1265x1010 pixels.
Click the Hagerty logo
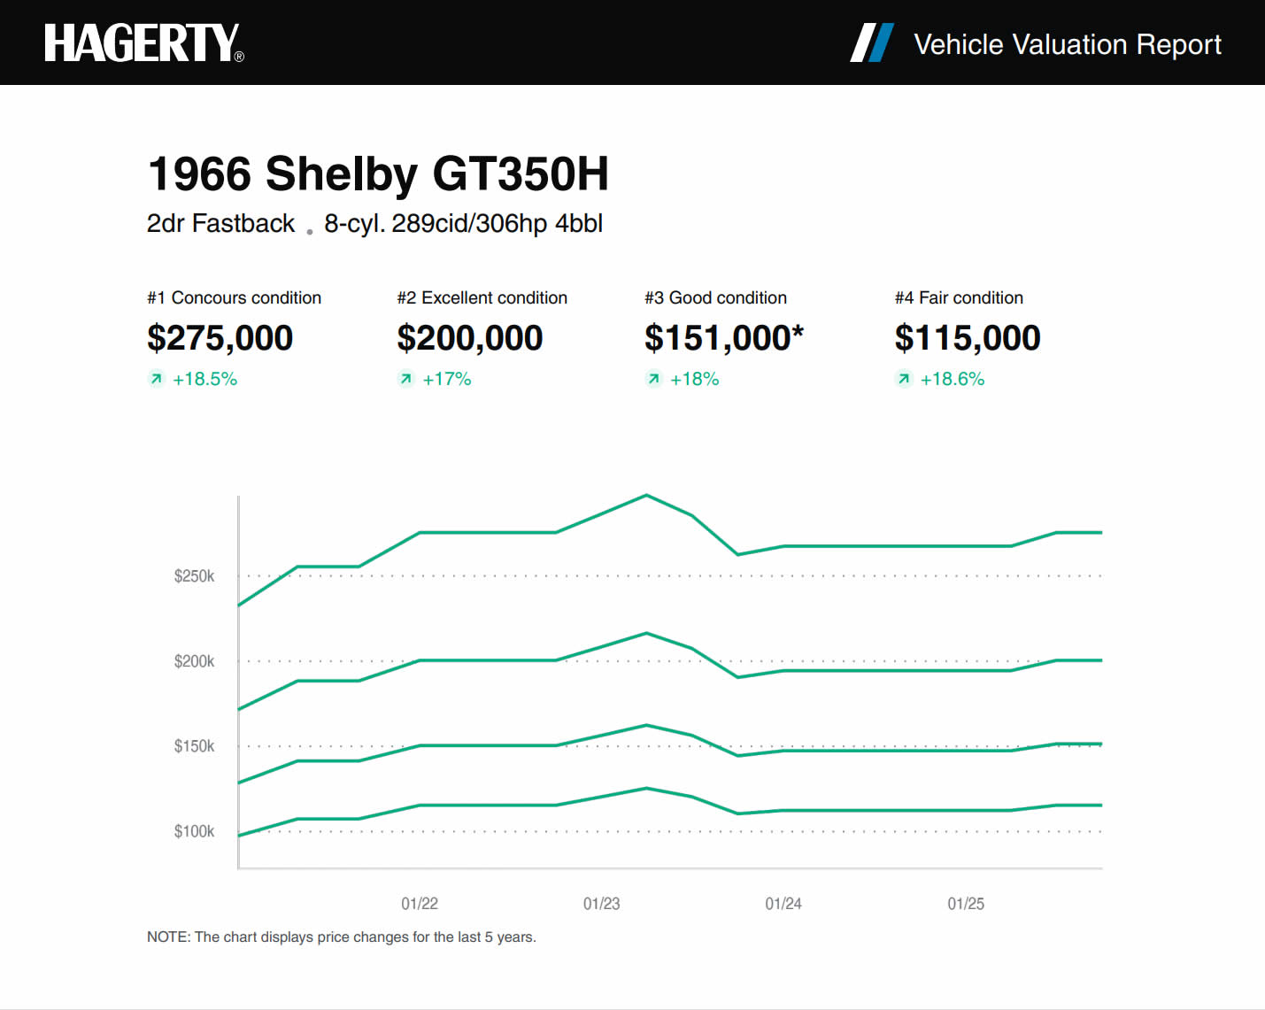coord(143,42)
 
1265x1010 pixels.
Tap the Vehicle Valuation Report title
coord(1067,44)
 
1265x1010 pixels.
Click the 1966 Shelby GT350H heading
coord(378,173)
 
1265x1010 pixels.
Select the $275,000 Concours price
coord(220,338)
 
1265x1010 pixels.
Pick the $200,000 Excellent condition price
coord(469,338)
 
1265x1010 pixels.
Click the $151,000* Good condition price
coord(723,338)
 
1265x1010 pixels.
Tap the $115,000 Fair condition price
coord(967,338)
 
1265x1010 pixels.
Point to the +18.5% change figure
coord(204,379)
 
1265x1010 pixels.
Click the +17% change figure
coord(446,379)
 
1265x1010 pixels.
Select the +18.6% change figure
coord(952,379)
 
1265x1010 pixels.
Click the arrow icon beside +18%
coord(653,379)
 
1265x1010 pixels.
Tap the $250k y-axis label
coord(194,576)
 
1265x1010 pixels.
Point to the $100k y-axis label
coord(194,831)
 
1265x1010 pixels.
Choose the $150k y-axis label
coord(194,746)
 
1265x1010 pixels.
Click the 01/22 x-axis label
coord(420,904)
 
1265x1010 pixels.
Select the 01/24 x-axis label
coord(783,904)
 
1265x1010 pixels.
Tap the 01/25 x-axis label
coord(966,904)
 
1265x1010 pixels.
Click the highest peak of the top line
coord(646,495)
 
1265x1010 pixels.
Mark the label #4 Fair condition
coord(959,297)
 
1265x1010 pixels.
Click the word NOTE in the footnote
coord(167,937)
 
